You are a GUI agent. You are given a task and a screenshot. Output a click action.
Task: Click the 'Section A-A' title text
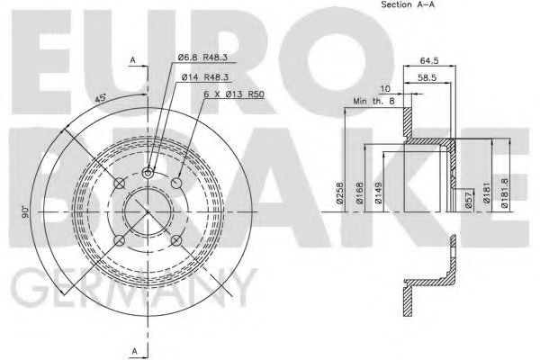coord(408,4)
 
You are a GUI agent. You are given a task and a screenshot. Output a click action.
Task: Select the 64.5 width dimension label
coord(429,60)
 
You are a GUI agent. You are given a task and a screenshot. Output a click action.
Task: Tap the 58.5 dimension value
coord(427,78)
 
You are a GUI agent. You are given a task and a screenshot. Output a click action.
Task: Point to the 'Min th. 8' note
coord(374,101)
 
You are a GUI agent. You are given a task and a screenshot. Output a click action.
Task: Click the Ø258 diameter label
coord(340,193)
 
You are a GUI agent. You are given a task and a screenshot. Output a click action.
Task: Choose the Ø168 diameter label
coord(360,193)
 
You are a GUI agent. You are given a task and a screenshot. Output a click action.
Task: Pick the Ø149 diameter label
coord(379,193)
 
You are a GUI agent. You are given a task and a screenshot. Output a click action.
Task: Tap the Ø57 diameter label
coord(469,200)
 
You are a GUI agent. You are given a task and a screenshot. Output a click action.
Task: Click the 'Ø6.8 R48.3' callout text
coord(202,58)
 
